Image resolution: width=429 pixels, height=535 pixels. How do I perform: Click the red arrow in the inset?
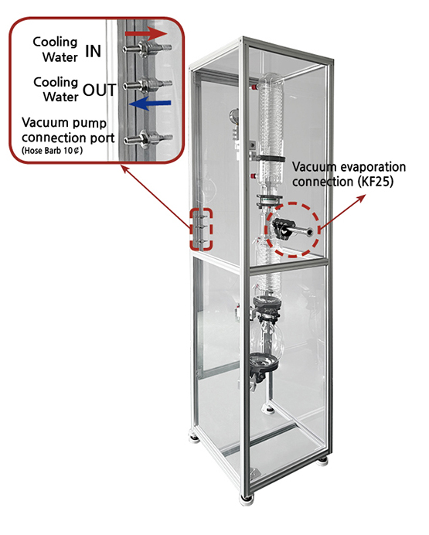pyautogui.click(x=146, y=33)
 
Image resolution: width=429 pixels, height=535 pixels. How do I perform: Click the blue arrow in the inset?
pyautogui.click(x=150, y=103)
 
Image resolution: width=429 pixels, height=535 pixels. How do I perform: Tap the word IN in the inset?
pyautogui.click(x=93, y=51)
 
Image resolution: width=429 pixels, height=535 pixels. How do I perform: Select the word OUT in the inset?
pyautogui.click(x=100, y=90)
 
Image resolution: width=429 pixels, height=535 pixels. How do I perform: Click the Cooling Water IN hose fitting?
pyautogui.click(x=148, y=48)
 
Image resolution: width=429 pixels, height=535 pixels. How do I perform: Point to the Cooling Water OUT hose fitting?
pyautogui.click(x=148, y=84)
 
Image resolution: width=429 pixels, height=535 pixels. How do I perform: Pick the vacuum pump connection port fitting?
pyautogui.click(x=148, y=139)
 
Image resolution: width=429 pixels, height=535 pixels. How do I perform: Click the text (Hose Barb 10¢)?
pyautogui.click(x=52, y=151)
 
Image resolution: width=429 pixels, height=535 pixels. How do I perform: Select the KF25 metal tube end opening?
pyautogui.click(x=310, y=232)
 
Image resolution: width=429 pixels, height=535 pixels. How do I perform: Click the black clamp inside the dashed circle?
pyautogui.click(x=281, y=228)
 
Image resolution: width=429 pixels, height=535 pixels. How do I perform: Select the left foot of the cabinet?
pyautogui.click(x=195, y=437)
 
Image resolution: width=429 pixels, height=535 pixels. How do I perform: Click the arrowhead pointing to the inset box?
pyautogui.click(x=125, y=169)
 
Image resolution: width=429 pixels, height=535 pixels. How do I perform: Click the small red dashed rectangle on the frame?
pyautogui.click(x=201, y=230)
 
